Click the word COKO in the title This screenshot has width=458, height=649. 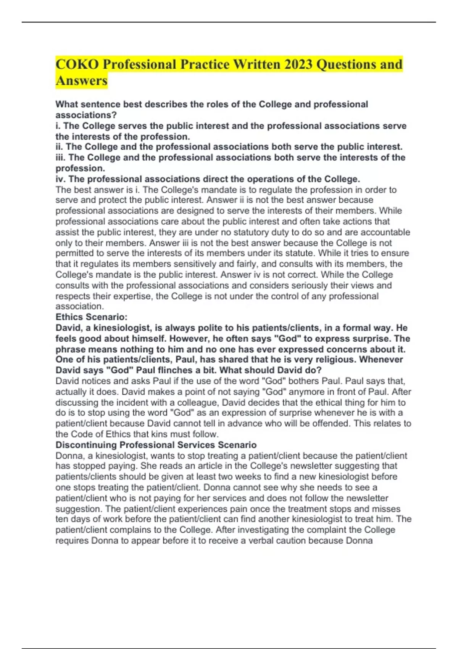point(77,64)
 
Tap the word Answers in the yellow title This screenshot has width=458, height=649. point(82,81)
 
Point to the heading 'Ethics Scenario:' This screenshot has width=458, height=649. point(92,317)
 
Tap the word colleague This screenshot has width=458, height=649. point(198,402)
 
